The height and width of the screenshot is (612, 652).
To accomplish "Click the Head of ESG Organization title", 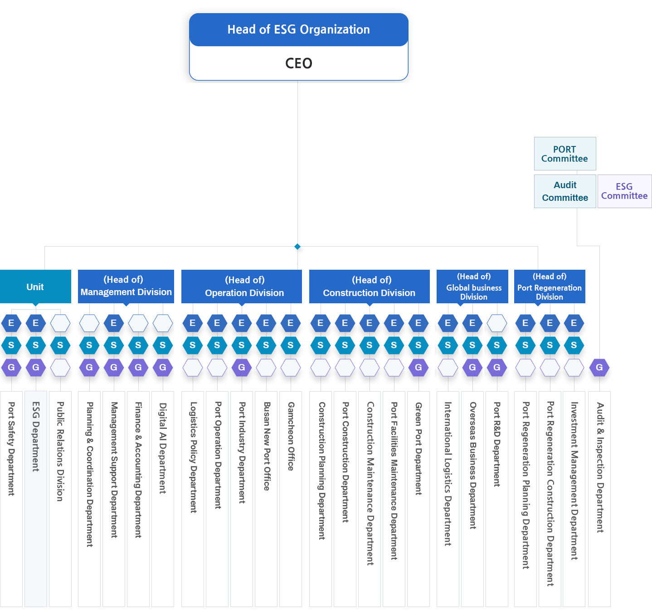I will click(298, 30).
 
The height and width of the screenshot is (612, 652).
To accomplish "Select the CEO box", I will click(298, 63).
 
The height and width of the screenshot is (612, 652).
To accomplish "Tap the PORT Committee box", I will click(564, 154).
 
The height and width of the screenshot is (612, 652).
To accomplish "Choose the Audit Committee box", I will click(565, 191).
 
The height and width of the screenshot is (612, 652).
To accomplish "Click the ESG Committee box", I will click(624, 191).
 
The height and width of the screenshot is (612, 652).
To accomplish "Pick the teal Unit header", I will click(35, 287).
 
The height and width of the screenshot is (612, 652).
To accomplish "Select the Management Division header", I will click(126, 286).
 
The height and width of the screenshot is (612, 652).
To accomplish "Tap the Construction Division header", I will click(369, 287).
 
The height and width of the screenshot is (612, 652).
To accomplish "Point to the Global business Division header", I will click(473, 287).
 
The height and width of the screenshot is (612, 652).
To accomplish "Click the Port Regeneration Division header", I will click(549, 287).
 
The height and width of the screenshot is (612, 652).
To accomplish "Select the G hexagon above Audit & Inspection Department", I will click(599, 368).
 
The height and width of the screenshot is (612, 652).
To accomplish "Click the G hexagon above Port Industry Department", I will click(241, 368).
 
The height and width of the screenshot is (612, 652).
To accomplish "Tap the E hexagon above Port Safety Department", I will click(11, 323).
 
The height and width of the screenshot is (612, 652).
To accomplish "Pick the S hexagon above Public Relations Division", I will click(60, 345).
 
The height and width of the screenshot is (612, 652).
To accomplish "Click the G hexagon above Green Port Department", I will click(418, 368).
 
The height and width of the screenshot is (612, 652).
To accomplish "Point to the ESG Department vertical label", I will click(36, 437).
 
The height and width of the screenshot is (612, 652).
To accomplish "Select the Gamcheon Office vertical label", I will click(291, 436).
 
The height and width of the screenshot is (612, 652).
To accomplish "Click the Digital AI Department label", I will click(162, 448).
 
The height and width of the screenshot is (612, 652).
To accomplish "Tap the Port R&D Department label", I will click(497, 444).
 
